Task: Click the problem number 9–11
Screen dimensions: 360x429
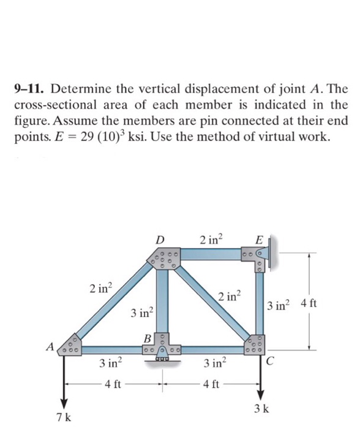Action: point(30,90)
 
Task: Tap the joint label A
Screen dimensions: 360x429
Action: point(50,347)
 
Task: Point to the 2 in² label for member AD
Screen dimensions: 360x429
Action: point(100,287)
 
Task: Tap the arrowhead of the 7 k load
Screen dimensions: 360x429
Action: point(63,399)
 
